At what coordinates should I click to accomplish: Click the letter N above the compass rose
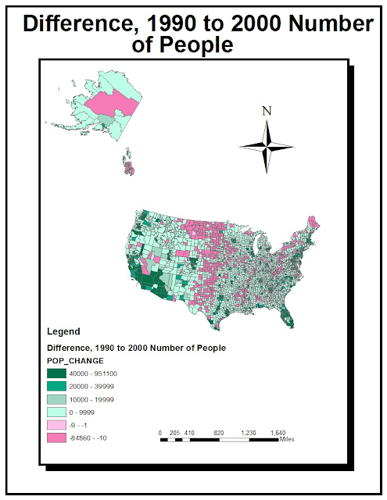tap(267, 111)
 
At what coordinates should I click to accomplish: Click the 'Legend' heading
tap(64, 330)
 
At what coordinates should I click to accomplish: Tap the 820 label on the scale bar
tap(220, 432)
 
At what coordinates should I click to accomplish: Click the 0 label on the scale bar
tap(160, 432)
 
